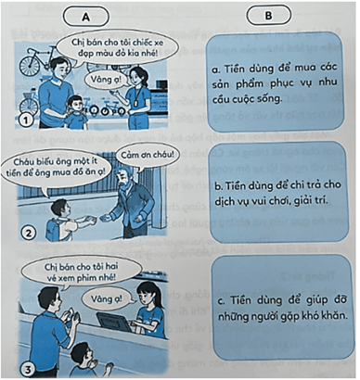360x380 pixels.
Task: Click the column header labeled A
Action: coord(85,17)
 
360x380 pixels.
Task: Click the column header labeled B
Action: coord(268,15)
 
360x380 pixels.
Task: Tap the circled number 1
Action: coord(26,120)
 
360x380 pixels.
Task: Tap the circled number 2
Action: coord(29,234)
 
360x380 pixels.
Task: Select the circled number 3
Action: coord(29,369)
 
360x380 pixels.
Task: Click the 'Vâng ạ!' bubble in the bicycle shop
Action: coord(106,80)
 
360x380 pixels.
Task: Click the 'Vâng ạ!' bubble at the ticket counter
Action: coord(107,298)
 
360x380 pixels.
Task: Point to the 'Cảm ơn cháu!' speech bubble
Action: coord(147,156)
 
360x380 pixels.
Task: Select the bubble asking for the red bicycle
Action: coord(117,47)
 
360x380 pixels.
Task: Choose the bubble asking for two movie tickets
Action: coord(81,272)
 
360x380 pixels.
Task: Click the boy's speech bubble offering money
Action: coord(56,169)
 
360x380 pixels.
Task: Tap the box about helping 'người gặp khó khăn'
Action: coord(282,308)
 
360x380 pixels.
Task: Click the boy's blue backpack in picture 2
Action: coord(54,228)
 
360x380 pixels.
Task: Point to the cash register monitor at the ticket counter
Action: coord(112,322)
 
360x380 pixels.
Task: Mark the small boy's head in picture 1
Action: coord(75,105)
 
